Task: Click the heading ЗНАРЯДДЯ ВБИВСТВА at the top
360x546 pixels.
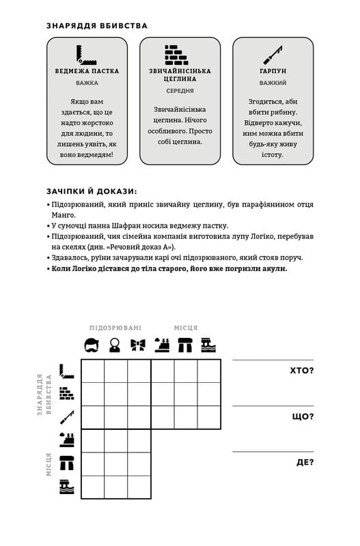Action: (x=97, y=26)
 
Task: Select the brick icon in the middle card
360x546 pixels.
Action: (x=180, y=55)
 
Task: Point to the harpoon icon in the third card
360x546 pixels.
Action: (x=273, y=54)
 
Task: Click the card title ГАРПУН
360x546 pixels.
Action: (x=273, y=71)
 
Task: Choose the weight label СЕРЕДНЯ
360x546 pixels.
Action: (x=180, y=90)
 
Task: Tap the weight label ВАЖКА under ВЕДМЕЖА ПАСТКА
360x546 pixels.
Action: (x=87, y=83)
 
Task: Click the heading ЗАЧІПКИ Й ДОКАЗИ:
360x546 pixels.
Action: (x=92, y=191)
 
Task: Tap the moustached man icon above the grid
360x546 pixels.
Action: (x=92, y=345)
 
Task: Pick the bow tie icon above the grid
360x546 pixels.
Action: (x=139, y=345)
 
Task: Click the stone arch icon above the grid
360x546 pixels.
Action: (x=185, y=345)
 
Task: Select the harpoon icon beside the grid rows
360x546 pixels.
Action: (x=66, y=417)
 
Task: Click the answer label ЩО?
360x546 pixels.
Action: (x=303, y=416)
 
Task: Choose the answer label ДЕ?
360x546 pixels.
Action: (x=305, y=462)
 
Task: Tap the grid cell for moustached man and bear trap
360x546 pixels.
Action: (x=92, y=371)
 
